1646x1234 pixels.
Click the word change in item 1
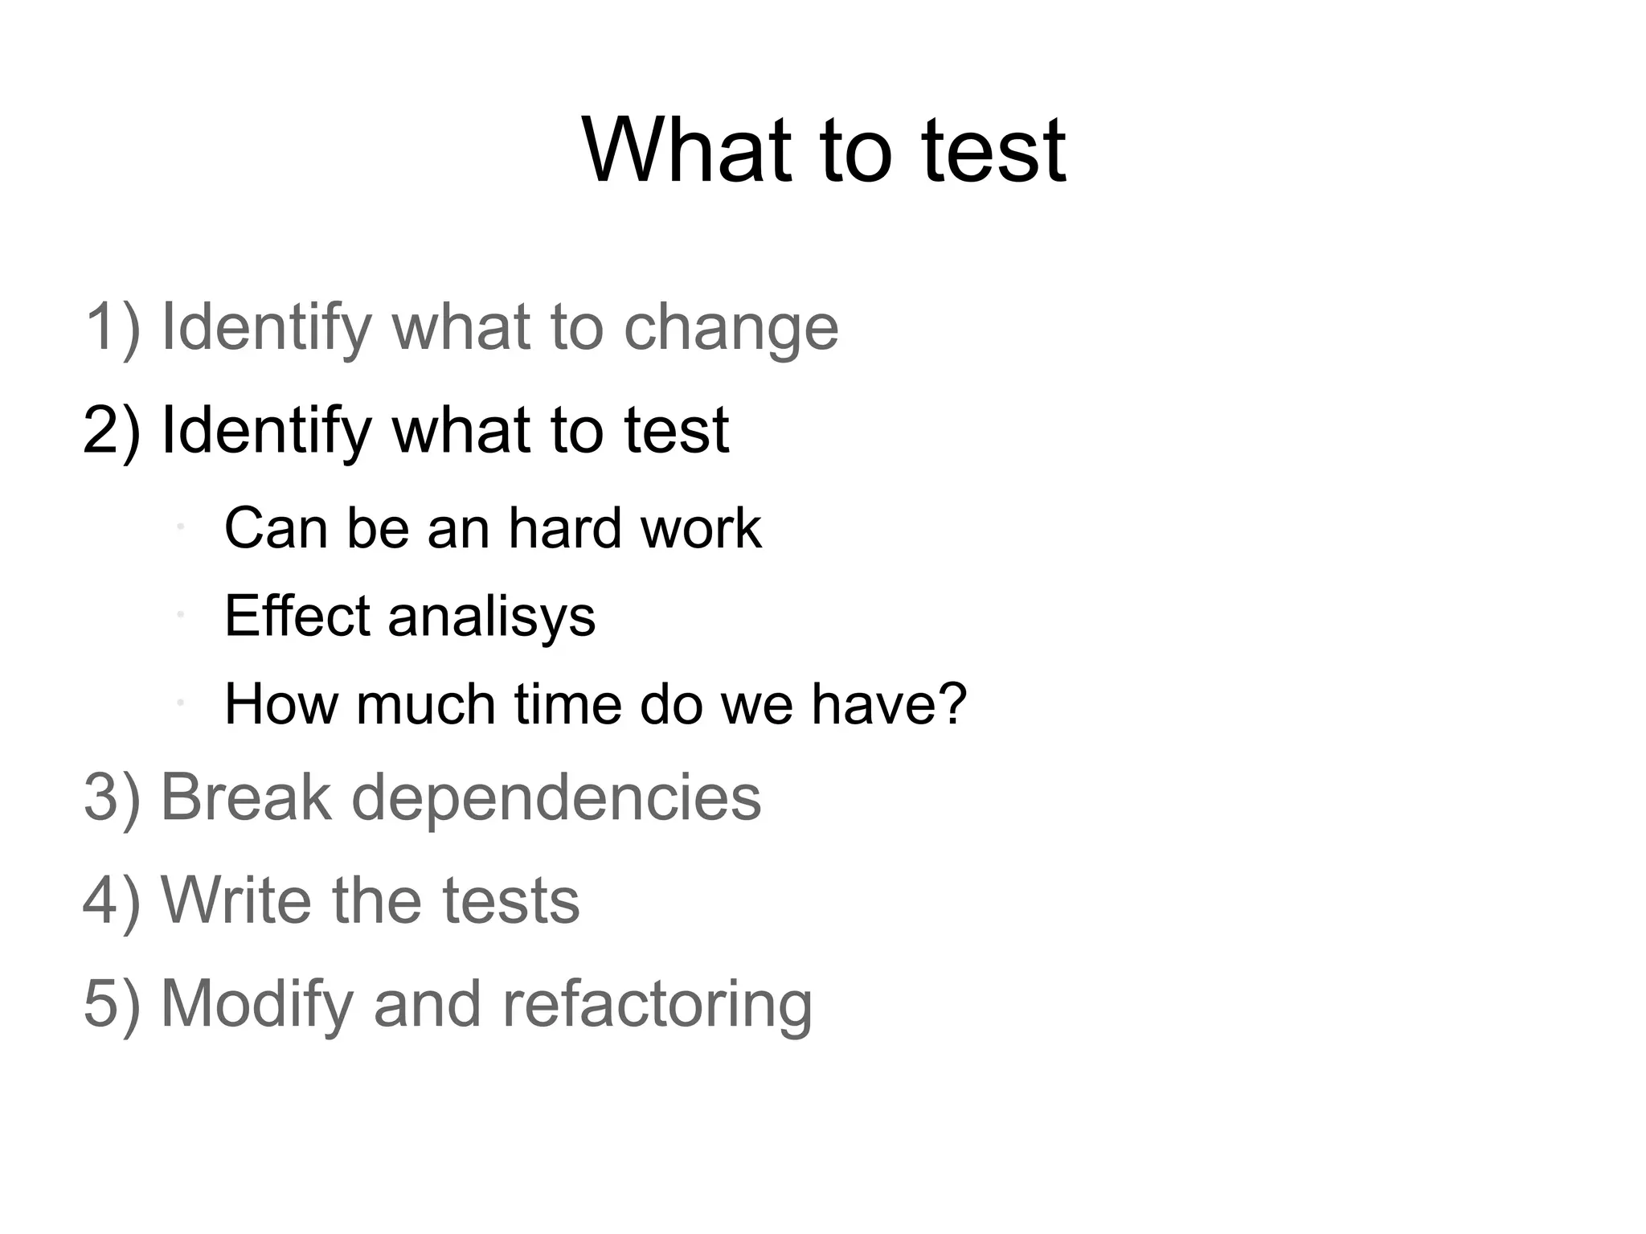[731, 327]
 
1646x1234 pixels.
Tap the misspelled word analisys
[491, 617]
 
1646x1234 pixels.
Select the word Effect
[297, 617]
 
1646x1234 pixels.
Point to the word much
[425, 704]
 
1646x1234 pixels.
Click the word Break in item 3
[246, 797]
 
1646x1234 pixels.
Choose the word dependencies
[556, 797]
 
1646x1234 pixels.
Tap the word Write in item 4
[235, 900]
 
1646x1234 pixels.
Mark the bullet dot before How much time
[182, 703]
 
